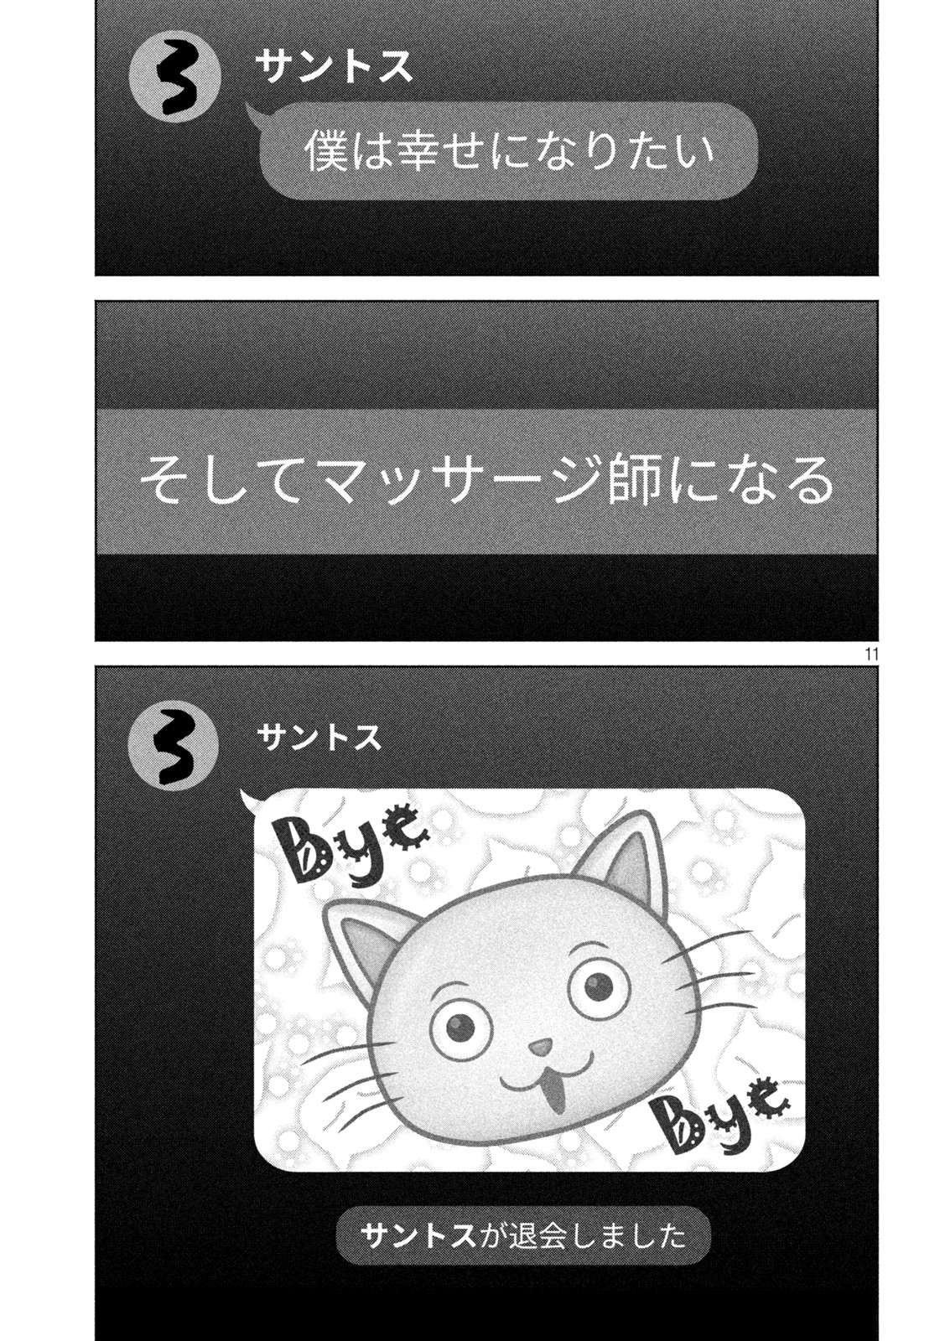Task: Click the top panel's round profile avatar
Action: coord(175,76)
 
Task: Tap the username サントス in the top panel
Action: coord(334,67)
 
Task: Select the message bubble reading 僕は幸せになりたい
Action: coord(508,151)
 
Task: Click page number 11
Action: coord(870,654)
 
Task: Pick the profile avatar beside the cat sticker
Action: coord(175,748)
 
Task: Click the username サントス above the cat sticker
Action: coord(318,738)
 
